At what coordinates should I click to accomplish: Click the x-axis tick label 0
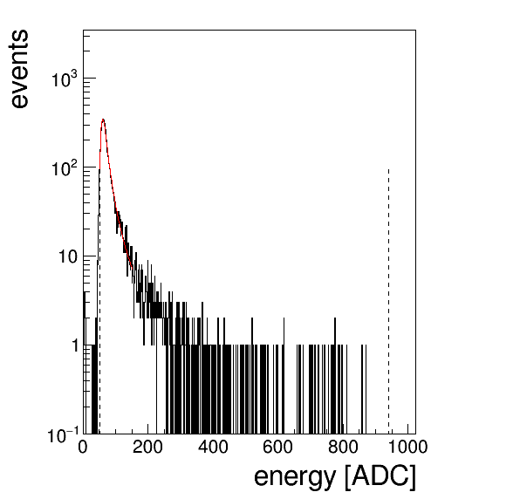click(83, 448)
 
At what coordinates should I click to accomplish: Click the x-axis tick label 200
click(147, 448)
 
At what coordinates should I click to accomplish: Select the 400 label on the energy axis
click(213, 448)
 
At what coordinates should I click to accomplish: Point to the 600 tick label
click(277, 448)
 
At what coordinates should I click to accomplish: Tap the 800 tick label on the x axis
click(343, 448)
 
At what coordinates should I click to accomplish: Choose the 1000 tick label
click(407, 448)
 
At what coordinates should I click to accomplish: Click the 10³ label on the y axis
click(65, 79)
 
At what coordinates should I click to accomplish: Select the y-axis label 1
click(75, 345)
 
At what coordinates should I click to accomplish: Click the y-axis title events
click(19, 69)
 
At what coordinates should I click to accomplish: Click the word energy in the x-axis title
click(295, 477)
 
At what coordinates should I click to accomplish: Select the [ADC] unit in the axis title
click(380, 477)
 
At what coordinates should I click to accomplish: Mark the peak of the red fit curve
click(103, 119)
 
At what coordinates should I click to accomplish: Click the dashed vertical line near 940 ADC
click(388, 301)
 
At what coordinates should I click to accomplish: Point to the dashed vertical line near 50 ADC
click(99, 301)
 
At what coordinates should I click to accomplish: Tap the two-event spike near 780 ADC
click(335, 376)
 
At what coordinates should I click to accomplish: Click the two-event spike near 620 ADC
click(284, 376)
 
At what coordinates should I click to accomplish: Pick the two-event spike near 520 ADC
click(252, 376)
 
